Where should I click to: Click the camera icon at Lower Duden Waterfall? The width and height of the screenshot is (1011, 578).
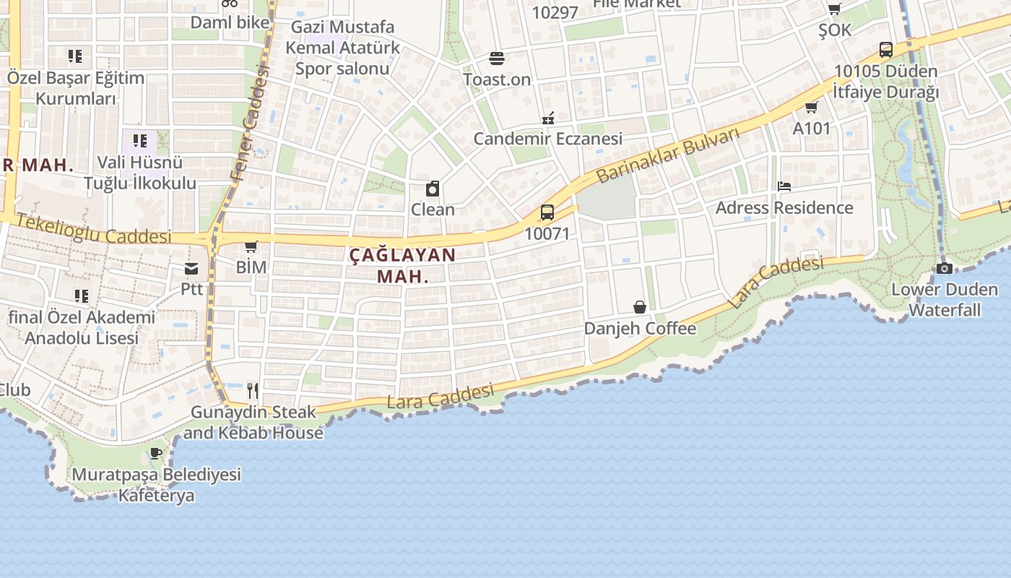(x=944, y=268)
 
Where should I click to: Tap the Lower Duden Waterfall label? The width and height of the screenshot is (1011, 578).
(x=945, y=300)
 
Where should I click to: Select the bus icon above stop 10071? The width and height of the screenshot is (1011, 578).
(x=547, y=212)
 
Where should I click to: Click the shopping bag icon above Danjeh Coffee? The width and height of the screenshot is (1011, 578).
(x=640, y=307)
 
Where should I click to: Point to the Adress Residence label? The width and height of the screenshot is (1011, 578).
(x=784, y=208)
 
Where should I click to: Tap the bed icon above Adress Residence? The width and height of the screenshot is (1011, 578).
(x=784, y=186)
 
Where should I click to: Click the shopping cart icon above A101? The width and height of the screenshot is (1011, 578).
(x=811, y=108)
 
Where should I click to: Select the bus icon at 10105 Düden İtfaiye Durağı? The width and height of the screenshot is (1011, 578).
(x=886, y=50)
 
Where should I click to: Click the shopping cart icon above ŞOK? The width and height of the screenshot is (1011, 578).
(x=834, y=9)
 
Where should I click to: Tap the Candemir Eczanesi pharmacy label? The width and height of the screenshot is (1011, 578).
(x=548, y=139)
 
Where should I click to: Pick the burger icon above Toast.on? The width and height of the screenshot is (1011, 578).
(x=496, y=58)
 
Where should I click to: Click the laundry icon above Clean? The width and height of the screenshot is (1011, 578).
(x=433, y=189)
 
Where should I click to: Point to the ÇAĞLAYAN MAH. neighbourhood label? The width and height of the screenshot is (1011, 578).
(x=403, y=265)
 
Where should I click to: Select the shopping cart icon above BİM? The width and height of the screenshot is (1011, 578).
(x=251, y=247)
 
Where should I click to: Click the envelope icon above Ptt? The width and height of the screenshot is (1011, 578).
(x=191, y=269)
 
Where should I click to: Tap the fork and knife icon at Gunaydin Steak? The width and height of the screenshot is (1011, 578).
(x=253, y=391)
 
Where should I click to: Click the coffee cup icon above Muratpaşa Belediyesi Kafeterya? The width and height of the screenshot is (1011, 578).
(x=156, y=454)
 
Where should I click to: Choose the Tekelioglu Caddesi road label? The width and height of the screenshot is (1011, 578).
(x=94, y=228)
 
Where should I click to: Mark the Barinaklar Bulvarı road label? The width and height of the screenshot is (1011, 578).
(x=669, y=155)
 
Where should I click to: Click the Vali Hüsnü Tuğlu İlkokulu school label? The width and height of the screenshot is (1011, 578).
(x=140, y=173)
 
